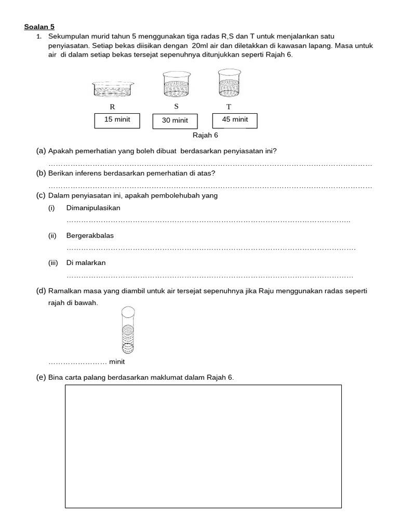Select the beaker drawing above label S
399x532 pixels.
point(176,84)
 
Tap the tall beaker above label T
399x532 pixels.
point(228,83)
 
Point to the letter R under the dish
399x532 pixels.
point(112,107)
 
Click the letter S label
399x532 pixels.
point(176,107)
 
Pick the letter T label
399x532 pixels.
point(229,107)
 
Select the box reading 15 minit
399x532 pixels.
point(117,120)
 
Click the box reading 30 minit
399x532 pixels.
point(175,121)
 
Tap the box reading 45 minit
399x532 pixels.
point(235,120)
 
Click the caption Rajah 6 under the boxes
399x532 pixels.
point(205,135)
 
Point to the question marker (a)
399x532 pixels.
point(41,151)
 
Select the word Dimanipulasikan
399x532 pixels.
point(93,208)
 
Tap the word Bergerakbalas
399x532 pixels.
point(90,235)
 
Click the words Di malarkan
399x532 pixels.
point(86,263)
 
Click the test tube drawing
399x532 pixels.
point(128,329)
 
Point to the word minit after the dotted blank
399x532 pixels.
point(117,362)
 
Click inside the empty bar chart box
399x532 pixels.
point(203,446)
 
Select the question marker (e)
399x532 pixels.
point(41,377)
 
